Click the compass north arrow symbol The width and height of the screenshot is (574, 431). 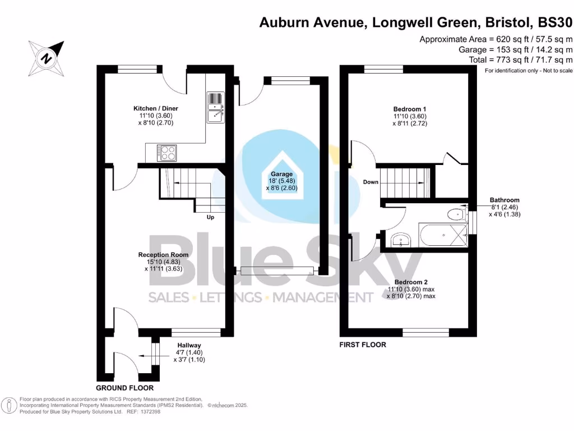(47, 56)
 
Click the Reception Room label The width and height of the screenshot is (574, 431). (163, 254)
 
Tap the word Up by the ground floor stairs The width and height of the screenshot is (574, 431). (211, 217)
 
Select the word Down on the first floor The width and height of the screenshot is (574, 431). (371, 182)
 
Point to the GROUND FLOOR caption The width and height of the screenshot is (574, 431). (124, 388)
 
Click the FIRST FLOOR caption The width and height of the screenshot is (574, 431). (363, 345)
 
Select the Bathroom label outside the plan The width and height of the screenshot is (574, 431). (504, 200)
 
